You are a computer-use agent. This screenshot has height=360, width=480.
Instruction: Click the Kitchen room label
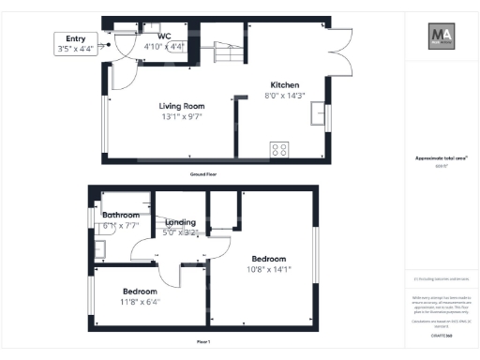tap(285, 83)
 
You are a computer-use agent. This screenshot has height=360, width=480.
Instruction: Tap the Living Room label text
tap(181, 106)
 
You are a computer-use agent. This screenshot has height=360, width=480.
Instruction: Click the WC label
tap(164, 37)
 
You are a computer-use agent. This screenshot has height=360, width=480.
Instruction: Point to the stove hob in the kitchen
tap(279, 148)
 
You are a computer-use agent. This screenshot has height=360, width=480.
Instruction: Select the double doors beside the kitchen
tap(343, 54)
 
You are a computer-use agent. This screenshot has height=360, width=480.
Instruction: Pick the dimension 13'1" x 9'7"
tap(181, 117)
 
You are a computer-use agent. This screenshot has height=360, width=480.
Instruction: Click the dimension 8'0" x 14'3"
tap(286, 95)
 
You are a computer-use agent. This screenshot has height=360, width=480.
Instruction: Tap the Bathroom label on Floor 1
tap(121, 215)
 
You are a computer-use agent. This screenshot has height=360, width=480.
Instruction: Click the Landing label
tap(181, 221)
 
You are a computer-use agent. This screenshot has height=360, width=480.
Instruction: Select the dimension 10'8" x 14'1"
tap(268, 269)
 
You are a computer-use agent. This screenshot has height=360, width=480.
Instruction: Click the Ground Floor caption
tap(203, 174)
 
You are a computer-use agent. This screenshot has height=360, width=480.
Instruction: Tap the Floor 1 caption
tap(203, 341)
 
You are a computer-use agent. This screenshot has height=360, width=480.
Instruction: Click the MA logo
tap(441, 38)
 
